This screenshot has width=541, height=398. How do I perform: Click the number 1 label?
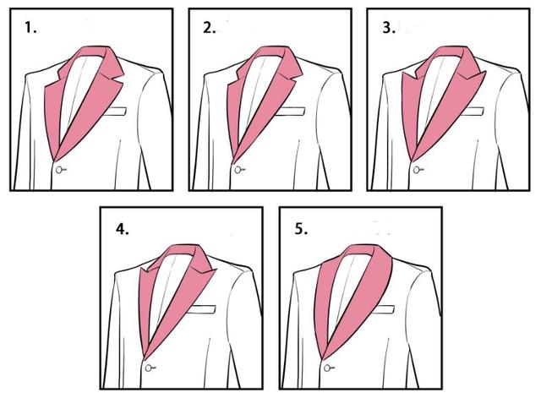[30, 28]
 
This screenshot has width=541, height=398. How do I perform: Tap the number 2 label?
[209, 28]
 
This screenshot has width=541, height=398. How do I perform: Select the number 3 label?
[389, 28]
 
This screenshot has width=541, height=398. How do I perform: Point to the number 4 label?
[122, 229]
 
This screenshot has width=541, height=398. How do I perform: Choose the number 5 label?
[301, 229]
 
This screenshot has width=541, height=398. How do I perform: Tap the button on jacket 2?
[239, 170]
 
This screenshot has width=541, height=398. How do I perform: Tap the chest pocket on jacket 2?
[293, 111]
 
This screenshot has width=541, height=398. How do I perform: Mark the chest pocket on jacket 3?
[473, 111]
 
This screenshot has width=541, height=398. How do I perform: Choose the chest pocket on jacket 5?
[384, 309]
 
